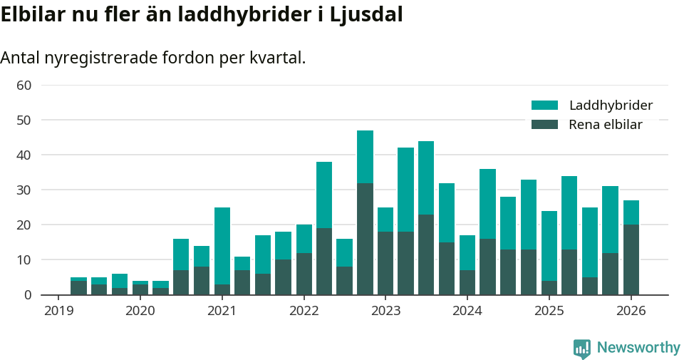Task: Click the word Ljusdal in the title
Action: [367, 14]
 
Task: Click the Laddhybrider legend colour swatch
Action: [544, 106]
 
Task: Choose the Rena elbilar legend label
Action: [606, 125]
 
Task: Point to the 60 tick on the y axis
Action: [24, 86]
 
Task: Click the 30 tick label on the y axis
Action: [24, 190]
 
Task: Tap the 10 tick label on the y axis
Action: [24, 260]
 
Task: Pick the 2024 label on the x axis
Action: [467, 311]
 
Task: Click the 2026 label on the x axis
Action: [631, 311]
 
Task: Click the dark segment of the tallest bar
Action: [365, 239]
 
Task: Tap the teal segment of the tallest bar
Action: [365, 157]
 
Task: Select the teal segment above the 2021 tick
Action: [222, 246]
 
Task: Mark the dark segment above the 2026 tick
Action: [631, 259]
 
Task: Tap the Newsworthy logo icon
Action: [582, 348]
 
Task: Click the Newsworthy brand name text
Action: [638, 348]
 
